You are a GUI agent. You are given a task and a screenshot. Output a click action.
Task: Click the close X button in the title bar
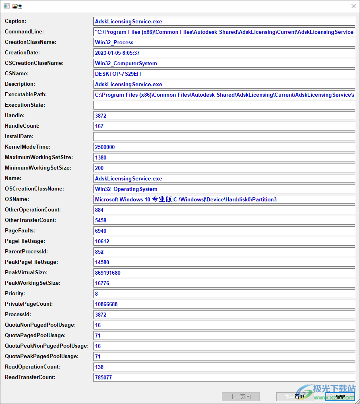point(353,6)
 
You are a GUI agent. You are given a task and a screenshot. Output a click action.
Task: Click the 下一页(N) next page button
point(295,397)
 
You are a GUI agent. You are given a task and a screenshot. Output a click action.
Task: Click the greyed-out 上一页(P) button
point(240,397)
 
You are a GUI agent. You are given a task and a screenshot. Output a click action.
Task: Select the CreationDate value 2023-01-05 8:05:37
point(117,53)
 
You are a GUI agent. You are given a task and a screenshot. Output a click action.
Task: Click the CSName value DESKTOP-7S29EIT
point(118,74)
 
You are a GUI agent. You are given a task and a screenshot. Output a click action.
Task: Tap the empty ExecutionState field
point(224,105)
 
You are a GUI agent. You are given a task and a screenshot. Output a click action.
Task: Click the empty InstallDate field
point(224,137)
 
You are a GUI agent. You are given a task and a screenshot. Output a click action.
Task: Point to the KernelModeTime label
point(27,147)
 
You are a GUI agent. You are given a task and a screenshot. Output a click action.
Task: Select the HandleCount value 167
point(99,126)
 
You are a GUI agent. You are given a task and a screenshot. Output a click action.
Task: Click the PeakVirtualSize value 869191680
point(108,273)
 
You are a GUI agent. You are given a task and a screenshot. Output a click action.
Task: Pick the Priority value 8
point(97,294)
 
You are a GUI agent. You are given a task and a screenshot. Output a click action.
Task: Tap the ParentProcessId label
point(26,252)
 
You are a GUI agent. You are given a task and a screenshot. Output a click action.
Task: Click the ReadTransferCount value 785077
point(103,377)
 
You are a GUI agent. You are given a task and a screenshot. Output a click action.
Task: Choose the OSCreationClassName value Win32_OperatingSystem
point(126,189)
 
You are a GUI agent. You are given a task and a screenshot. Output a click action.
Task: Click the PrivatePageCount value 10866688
point(106,304)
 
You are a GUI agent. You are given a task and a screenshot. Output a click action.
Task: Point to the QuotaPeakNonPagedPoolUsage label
point(46,346)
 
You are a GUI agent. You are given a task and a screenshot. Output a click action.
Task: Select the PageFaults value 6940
point(101,231)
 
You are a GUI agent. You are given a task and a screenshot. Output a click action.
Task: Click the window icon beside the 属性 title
point(6,6)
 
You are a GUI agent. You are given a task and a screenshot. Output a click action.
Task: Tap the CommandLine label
point(24,32)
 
